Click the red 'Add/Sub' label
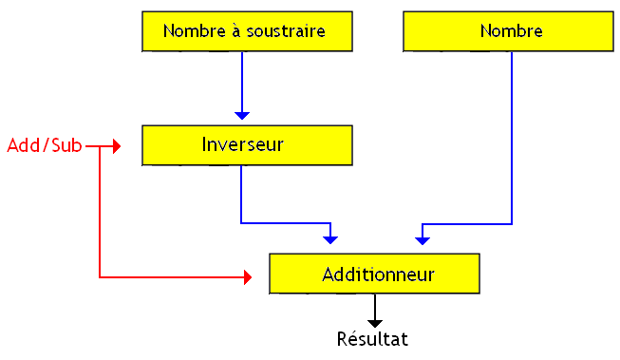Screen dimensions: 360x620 44,145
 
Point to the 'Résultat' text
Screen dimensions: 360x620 373,337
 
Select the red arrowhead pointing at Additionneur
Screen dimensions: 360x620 248,277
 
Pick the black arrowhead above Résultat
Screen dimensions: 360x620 375,323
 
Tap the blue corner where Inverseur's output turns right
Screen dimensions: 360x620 242,223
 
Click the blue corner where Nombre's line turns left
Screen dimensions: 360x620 512,224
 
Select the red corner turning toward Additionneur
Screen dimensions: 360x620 100,277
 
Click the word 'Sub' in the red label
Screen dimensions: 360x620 66,145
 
